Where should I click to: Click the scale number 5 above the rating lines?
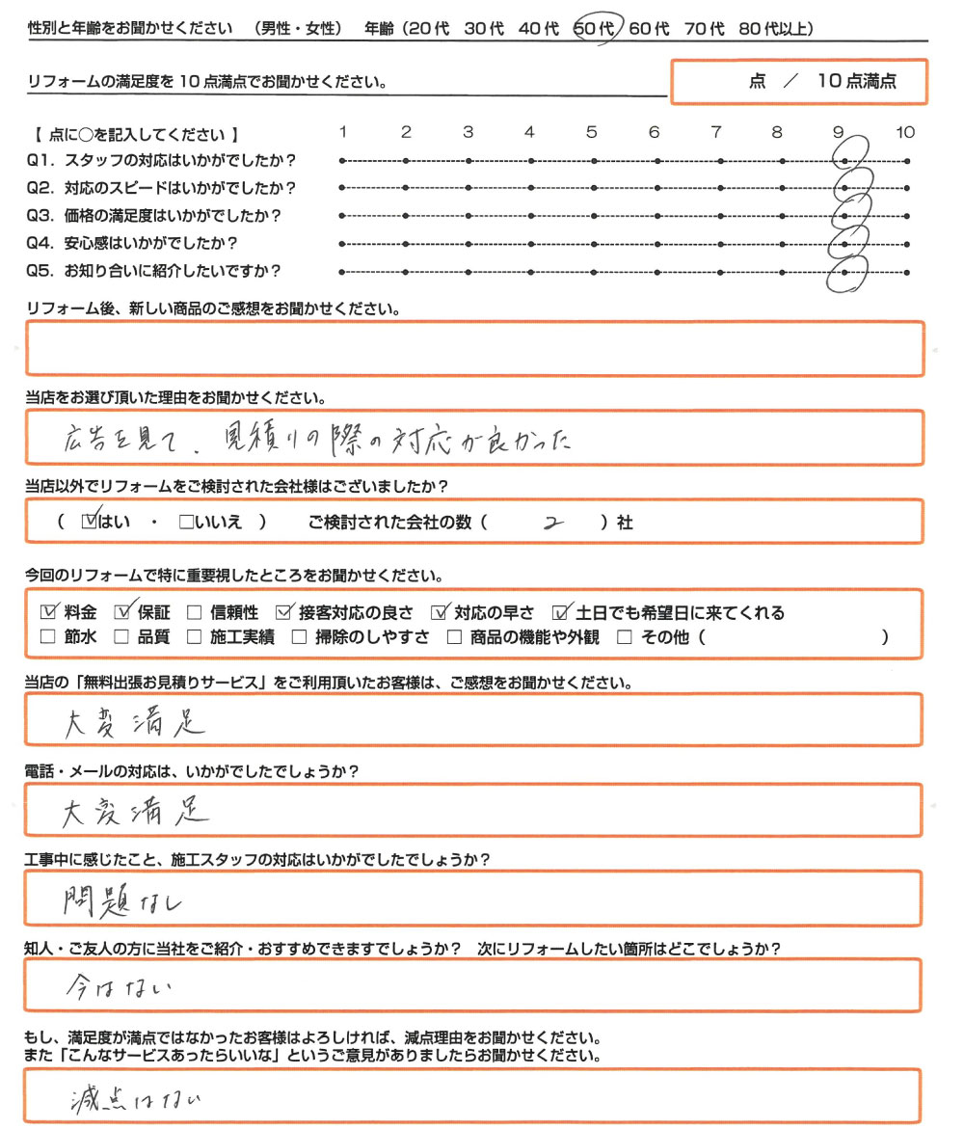coord(592,133)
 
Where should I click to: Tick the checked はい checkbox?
coord(92,523)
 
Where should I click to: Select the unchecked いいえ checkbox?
coord(186,524)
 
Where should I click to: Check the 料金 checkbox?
coord(49,611)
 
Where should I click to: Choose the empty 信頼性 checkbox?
coord(194,612)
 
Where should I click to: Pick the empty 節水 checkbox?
coord(48,637)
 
